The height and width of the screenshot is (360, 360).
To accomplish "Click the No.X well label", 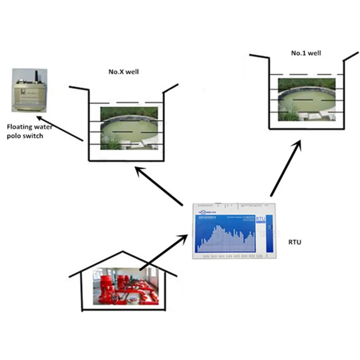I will tap(123, 72).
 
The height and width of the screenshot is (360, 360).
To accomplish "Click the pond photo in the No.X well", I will tap(132, 128).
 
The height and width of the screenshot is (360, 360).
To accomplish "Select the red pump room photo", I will tap(129, 286).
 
